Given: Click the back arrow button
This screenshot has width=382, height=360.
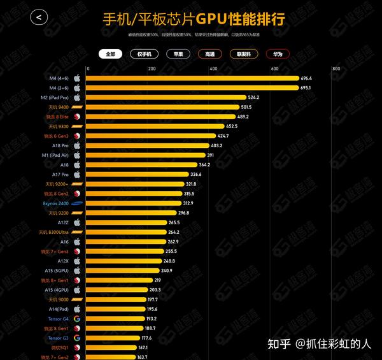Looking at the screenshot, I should coord(38,17).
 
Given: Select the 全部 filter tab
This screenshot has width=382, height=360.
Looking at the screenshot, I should coord(111,55).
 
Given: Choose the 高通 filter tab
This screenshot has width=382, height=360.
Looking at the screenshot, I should coord(210,55).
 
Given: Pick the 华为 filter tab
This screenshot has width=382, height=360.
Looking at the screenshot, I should coord(278,55).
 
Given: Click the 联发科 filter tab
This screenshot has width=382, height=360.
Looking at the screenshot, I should coord(244,55).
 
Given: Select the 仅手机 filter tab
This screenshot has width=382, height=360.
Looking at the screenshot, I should coord(144,55).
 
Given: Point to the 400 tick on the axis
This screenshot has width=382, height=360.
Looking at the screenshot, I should coord(214,69).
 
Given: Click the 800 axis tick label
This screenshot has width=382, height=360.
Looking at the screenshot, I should coord(336,69).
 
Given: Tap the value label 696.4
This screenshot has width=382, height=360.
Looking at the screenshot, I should coord(308,78).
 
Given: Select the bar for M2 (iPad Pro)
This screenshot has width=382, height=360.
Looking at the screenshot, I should coord(166,97).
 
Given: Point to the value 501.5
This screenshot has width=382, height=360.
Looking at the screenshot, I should coord(246,107).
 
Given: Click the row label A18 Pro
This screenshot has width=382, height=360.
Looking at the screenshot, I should coord(61,145).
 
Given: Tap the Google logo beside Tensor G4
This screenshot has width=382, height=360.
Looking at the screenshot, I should coord(76,319).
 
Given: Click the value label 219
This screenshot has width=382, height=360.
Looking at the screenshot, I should coord(157,280).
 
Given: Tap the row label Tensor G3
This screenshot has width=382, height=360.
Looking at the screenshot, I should coord(58,338).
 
